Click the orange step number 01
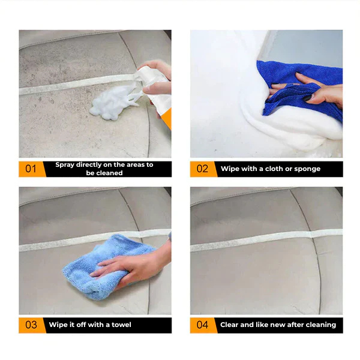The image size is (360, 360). click(31, 169)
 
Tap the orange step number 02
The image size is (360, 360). click(202, 169)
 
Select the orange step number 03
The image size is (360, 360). click(31, 325)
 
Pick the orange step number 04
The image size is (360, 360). click(202, 325)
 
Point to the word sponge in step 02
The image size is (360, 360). click(307, 169)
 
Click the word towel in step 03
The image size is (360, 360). click(120, 325)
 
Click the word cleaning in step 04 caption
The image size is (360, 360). click(319, 325)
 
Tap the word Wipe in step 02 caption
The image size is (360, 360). click(231, 169)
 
